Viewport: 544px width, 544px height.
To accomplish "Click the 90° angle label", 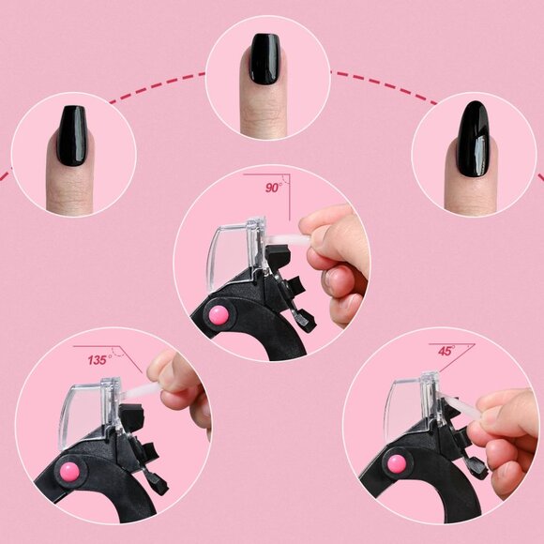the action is (274, 188).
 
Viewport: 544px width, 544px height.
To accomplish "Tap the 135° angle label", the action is (99, 360).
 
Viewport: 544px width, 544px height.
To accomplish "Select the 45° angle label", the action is (446, 351).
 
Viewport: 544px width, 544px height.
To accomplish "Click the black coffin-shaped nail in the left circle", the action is (72, 136).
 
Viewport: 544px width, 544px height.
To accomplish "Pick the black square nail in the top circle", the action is (264, 59).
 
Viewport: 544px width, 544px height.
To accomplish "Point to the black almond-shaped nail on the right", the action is (474, 139).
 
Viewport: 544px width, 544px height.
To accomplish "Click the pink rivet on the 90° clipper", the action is (219, 315).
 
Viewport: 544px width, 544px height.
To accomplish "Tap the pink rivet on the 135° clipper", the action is (69, 471).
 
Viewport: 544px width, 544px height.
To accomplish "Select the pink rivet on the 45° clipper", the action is (397, 464).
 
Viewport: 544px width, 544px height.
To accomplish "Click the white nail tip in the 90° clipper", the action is (287, 239).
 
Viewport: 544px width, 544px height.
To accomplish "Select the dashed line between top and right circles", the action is (384, 85).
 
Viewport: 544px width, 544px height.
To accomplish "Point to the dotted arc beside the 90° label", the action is (284, 180).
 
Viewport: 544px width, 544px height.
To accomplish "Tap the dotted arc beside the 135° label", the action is (120, 353).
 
